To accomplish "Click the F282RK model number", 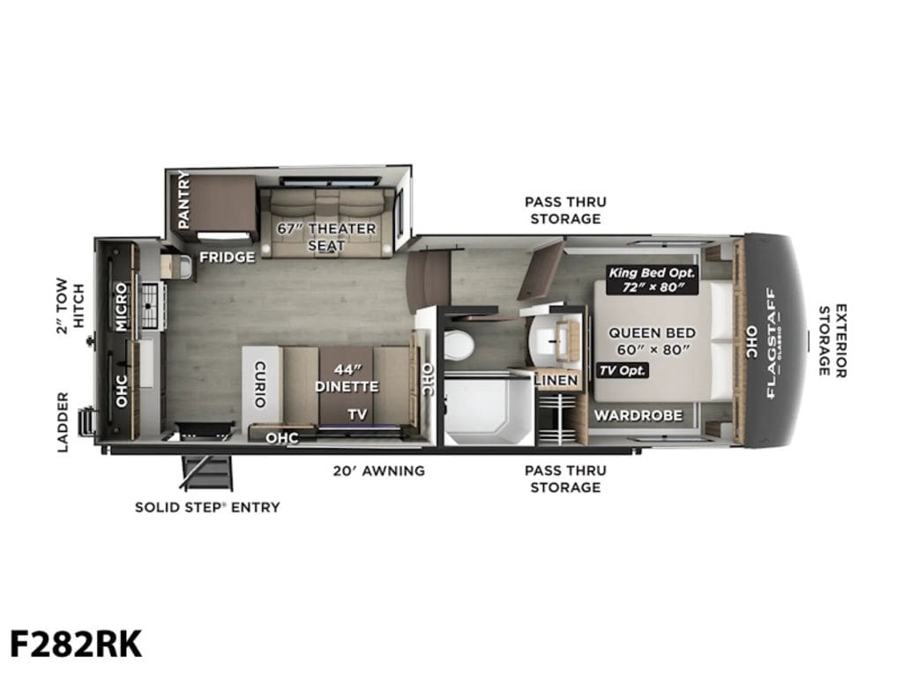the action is [76, 644].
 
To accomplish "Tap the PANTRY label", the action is [183, 199].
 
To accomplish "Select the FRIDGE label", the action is [227, 257].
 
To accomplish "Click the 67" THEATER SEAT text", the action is [326, 236].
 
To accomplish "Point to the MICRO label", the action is [121, 306].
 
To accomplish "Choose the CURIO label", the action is [260, 384].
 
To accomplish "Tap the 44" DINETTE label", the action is [347, 377].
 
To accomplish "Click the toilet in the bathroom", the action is [459, 345].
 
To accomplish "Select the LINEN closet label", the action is [556, 380].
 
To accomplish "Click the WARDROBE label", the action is [638, 415].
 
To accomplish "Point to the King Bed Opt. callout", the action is [653, 279].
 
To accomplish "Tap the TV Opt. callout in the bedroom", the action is [623, 370].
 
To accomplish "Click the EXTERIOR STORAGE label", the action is [832, 341].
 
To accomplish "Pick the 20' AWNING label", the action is [379, 471].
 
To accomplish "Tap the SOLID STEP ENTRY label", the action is [207, 507].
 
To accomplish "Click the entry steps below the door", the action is [208, 472].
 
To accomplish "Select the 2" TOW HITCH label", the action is [71, 306].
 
